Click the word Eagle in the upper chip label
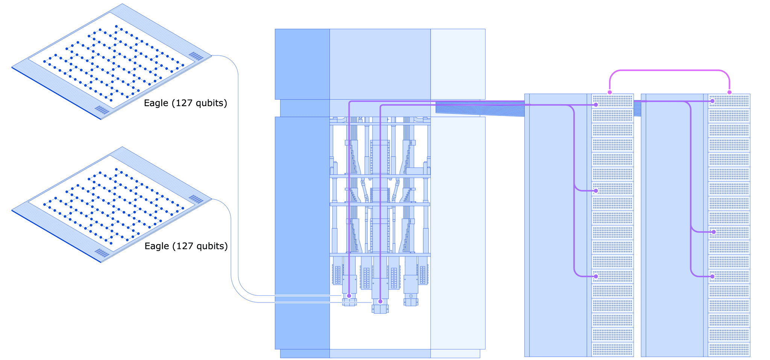click(156, 103)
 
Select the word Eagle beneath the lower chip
click(157, 246)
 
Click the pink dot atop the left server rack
click(610, 92)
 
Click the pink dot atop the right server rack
click(729, 92)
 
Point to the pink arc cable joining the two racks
click(669, 70)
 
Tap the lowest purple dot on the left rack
click(596, 276)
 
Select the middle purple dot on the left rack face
click(596, 191)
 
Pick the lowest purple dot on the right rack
click(712, 276)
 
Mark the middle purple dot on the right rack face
click(714, 232)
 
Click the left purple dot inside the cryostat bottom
click(349, 296)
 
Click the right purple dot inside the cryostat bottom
click(380, 301)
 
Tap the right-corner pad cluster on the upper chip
click(196, 56)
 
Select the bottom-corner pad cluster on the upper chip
click(102, 110)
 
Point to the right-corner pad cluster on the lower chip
click(196, 199)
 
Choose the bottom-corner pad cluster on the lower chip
click(102, 253)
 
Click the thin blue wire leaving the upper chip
click(238, 150)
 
